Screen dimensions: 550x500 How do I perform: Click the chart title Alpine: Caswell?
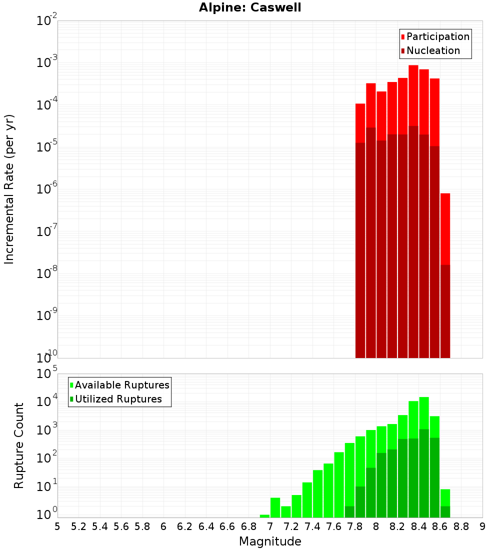click(250, 8)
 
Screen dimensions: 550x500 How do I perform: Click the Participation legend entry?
click(437, 36)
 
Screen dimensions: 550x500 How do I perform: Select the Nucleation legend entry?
click(432, 50)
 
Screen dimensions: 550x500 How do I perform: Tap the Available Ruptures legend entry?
click(121, 385)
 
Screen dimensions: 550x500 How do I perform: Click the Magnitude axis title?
click(270, 541)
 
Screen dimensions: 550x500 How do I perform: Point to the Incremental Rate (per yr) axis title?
click(9, 189)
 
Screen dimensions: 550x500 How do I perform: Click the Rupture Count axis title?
click(19, 445)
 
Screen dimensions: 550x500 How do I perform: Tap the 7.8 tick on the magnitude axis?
click(355, 526)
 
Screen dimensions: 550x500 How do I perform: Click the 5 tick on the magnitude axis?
click(57, 526)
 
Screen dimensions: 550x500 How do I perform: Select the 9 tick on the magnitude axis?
click(482, 526)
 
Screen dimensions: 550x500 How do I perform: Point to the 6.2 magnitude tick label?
click(185, 526)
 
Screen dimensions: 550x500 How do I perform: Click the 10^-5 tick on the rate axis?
click(47, 147)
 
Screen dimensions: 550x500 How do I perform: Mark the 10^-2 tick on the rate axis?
click(47, 21)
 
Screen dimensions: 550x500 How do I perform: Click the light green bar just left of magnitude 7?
click(264, 516)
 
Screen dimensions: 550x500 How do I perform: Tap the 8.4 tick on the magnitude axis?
click(419, 526)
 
